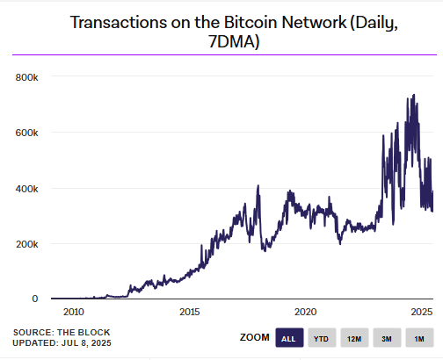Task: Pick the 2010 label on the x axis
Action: (x=73, y=312)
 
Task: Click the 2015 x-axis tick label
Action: (x=189, y=312)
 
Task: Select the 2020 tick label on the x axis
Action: (x=305, y=312)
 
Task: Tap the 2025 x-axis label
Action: (x=421, y=312)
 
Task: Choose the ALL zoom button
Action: (x=287, y=339)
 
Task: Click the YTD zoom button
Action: (x=321, y=339)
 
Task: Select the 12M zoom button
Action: (x=354, y=339)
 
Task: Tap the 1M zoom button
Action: (x=419, y=339)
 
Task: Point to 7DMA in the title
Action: (x=221, y=41)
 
